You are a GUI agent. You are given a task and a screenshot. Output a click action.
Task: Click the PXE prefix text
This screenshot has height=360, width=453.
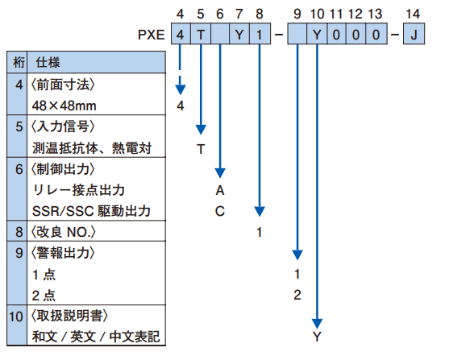151,35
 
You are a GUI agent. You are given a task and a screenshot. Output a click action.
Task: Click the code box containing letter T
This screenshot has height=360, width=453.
201,34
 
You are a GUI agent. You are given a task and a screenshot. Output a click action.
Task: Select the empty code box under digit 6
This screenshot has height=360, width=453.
220,34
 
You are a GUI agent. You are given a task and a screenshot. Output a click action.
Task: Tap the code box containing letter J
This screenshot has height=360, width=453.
414,34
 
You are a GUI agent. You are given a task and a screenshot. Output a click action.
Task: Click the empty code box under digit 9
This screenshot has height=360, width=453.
297,34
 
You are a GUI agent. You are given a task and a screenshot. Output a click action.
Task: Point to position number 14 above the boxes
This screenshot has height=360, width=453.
413,14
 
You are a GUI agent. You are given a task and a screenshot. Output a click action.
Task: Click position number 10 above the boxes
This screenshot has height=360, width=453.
317,14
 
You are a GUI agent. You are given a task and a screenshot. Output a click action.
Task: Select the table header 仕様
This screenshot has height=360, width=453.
48,62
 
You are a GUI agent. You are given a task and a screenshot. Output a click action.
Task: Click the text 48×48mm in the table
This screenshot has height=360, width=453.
64,106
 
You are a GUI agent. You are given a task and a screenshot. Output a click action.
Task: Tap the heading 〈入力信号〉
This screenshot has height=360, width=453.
63,126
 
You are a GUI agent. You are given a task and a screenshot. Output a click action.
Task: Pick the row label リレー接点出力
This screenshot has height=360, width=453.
78,190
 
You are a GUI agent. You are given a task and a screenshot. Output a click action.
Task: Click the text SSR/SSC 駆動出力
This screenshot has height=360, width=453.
91,211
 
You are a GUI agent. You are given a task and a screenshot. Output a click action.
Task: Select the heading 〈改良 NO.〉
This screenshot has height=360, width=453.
63,232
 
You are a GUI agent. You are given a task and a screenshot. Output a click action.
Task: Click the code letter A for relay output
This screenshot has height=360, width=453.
220,191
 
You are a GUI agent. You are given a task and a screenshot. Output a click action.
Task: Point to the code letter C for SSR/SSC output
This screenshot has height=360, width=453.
220,211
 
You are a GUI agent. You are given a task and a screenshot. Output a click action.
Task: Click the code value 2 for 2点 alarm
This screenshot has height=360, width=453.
297,295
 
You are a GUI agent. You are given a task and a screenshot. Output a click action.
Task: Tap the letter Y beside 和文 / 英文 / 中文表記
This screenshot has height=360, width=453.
317,337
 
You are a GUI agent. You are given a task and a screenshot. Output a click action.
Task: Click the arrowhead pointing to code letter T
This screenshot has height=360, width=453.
201,130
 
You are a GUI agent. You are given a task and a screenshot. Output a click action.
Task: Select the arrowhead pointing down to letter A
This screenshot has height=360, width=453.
220,173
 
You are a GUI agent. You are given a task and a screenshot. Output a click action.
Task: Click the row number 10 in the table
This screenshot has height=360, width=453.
16,317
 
